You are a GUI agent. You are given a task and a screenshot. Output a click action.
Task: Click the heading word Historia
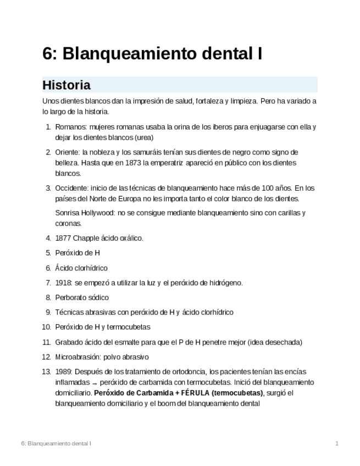66,85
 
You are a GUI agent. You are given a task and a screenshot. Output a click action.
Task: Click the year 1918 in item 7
63,283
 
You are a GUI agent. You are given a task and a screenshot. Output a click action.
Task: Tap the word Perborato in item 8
71,298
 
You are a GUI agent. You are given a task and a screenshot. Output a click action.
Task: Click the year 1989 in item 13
63,371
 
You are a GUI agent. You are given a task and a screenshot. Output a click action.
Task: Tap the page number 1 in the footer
337,443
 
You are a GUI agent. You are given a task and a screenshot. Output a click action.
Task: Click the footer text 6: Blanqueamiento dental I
56,443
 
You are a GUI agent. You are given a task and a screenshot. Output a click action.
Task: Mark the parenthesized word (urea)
143,137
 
